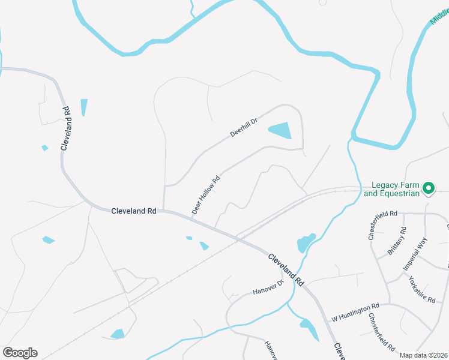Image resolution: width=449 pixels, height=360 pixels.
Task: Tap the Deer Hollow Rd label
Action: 206,195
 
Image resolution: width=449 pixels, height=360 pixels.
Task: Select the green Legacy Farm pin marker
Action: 428,188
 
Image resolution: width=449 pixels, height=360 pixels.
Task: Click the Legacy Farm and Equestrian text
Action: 391,189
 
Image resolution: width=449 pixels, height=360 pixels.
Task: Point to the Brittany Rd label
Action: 397,241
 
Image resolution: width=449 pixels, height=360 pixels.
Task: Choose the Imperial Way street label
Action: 416,253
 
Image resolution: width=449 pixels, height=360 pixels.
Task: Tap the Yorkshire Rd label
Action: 421,290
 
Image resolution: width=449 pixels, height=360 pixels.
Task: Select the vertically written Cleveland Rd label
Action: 67,127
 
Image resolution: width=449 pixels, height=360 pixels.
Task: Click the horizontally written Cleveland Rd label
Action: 134,211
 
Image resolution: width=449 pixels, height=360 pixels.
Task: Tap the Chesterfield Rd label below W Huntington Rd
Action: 381,332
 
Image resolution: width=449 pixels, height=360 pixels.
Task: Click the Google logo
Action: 20,352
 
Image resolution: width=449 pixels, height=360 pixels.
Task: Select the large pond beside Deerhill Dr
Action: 280,130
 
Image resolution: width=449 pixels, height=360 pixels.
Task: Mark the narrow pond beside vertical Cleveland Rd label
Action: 84,107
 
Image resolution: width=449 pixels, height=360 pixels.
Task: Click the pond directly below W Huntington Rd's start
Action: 309,329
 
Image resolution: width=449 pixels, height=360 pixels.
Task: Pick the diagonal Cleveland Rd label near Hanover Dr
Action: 286,268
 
